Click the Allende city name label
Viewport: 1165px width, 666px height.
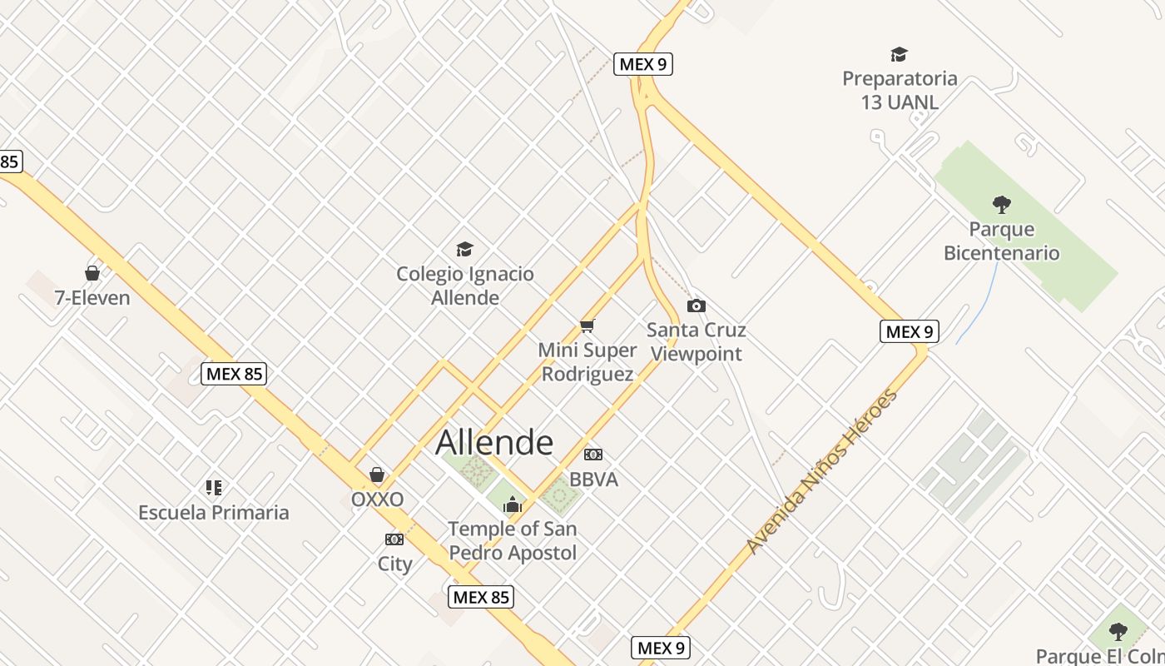[x=494, y=443]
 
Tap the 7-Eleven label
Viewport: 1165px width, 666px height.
[x=92, y=298]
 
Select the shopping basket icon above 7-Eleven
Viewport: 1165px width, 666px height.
[x=92, y=273]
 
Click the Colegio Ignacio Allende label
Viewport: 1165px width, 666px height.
[x=465, y=286]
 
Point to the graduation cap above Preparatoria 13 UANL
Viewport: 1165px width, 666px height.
[x=899, y=55]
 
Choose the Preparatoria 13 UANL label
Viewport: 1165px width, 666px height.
[x=900, y=91]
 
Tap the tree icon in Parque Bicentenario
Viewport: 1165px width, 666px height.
[x=1002, y=204]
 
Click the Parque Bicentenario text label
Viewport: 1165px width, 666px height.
[x=1001, y=241]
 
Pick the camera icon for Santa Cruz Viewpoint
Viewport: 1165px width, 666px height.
[x=697, y=306]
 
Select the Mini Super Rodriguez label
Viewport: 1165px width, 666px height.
[x=587, y=362]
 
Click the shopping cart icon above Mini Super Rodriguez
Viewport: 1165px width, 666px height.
[x=587, y=326]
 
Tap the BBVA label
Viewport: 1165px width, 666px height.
[x=593, y=480]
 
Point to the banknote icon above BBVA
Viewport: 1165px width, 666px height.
[x=593, y=455]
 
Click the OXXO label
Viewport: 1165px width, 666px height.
[x=377, y=499]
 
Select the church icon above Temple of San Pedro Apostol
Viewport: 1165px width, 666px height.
[x=513, y=504]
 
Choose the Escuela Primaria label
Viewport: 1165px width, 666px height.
[x=214, y=512]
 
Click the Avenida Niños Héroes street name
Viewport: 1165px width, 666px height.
[x=822, y=471]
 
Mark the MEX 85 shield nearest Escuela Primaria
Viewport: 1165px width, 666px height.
[x=234, y=374]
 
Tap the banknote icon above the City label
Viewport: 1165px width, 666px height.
[x=394, y=539]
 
